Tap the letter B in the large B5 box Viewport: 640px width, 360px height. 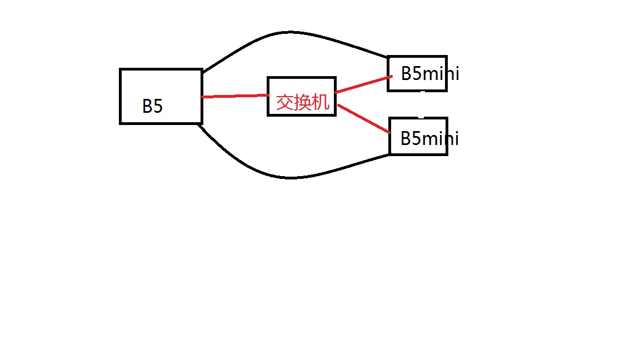pos(147,106)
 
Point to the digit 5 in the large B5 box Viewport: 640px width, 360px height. pos(158,106)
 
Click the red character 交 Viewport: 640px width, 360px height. pos(285,102)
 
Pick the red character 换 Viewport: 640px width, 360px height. pos(303,102)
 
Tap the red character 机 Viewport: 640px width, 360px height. pos(321,102)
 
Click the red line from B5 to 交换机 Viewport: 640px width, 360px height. pos(234,96)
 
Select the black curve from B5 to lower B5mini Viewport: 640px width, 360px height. pos(289,178)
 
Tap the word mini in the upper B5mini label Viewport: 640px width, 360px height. pos(441,73)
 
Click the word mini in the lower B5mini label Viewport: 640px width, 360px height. pos(441,138)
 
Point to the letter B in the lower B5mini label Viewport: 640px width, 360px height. pos(406,138)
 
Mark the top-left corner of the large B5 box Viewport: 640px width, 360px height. pos(121,69)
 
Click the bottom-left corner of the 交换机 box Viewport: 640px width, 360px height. pos(268,115)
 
